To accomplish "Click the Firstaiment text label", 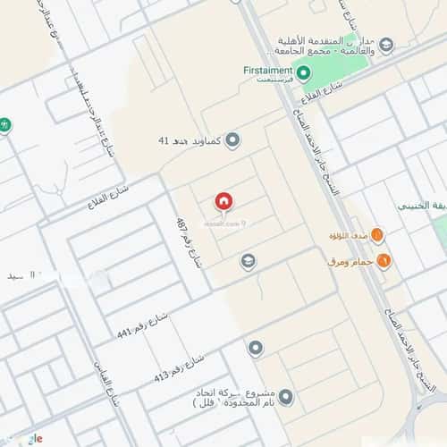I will point(266,71).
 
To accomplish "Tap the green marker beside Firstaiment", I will point(304,72).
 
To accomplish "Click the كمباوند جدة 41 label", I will point(189,140).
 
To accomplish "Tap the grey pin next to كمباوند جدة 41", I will point(232,140).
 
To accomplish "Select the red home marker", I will point(223,201).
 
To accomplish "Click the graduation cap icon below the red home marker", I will point(248,262).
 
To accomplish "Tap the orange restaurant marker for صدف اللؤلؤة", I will point(377,236).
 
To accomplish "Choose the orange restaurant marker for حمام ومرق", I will point(384,261).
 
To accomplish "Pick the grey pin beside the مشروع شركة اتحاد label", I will point(283,393).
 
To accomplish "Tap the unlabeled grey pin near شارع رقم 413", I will point(256,348).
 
